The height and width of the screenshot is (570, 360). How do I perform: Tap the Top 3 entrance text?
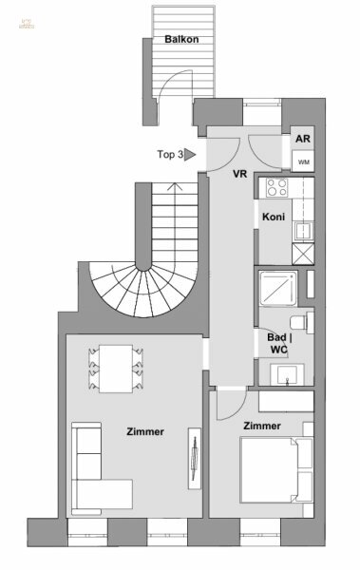(169, 153)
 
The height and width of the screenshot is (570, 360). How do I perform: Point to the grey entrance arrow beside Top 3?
(190, 153)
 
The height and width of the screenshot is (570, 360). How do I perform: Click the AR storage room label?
(303, 139)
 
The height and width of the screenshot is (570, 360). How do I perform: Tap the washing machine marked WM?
(303, 161)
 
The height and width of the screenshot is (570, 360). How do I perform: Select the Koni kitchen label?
(274, 217)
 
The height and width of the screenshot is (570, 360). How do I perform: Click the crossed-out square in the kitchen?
(303, 253)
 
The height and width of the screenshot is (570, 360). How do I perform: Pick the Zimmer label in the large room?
(145, 431)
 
